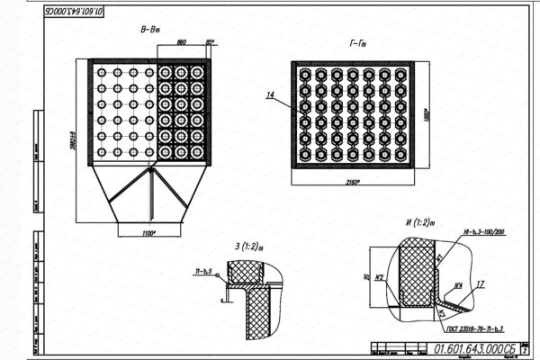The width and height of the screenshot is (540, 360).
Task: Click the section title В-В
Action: tap(149, 31)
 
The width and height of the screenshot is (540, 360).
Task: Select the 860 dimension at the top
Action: tap(181, 42)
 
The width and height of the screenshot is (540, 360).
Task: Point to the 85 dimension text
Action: tap(211, 42)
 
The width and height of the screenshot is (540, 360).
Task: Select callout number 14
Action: tap(268, 94)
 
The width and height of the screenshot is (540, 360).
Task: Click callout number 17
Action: tap(481, 284)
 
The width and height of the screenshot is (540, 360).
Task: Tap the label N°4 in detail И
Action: tap(457, 287)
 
